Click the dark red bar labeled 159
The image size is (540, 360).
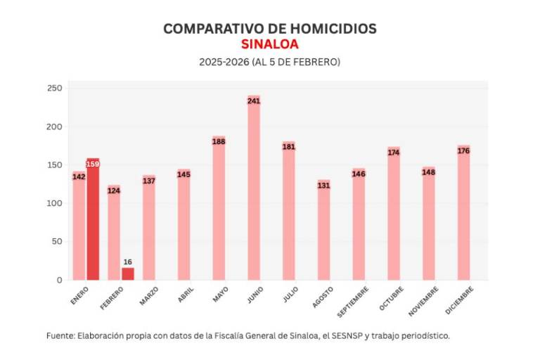click(x=93, y=219)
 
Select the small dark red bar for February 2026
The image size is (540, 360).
click(x=127, y=274)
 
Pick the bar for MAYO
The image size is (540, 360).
click(x=219, y=208)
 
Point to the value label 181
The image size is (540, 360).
click(x=288, y=147)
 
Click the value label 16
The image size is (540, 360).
click(x=127, y=262)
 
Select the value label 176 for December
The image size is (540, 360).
click(x=463, y=150)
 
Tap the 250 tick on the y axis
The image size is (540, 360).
click(x=54, y=89)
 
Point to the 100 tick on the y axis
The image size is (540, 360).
click(x=54, y=203)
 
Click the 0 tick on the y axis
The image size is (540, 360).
click(x=59, y=280)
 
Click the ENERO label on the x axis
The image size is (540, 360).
click(x=79, y=295)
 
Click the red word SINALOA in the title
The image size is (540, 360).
click(x=269, y=44)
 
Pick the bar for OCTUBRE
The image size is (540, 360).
click(x=393, y=214)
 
